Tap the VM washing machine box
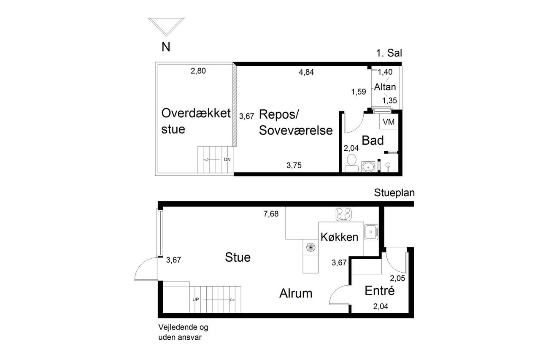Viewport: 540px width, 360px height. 389,122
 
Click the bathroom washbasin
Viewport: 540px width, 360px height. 368,166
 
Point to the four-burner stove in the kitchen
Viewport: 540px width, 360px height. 343,214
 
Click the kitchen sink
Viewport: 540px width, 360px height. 371,232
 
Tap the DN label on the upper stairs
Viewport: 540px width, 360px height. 227,160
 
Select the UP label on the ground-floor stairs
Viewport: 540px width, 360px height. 195,300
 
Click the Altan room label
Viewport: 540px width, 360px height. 385,87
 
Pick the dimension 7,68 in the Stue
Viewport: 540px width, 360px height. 271,214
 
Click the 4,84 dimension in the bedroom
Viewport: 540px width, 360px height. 306,72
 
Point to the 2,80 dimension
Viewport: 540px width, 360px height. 198,71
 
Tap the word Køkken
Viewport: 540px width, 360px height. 340,237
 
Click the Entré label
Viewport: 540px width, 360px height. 379,290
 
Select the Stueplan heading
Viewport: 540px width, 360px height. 394,193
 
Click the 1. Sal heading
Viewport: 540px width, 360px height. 389,53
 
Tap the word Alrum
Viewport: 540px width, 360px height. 296,293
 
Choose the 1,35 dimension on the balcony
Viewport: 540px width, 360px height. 389,100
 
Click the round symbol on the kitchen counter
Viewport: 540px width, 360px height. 311,247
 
